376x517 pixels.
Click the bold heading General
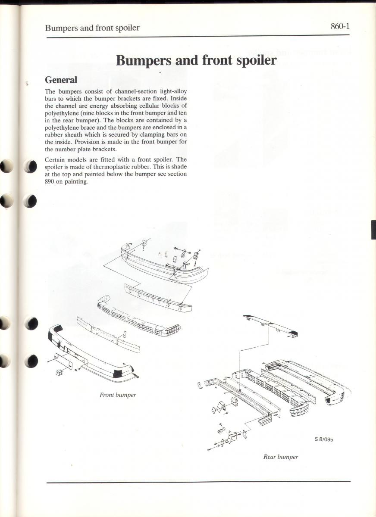tap(61, 80)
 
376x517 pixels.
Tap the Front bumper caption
tap(118, 395)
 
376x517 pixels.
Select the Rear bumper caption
tap(281, 457)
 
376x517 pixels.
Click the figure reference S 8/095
tap(324, 440)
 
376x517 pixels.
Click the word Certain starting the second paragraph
tap(55, 159)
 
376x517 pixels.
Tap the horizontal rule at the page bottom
tap(198, 482)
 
